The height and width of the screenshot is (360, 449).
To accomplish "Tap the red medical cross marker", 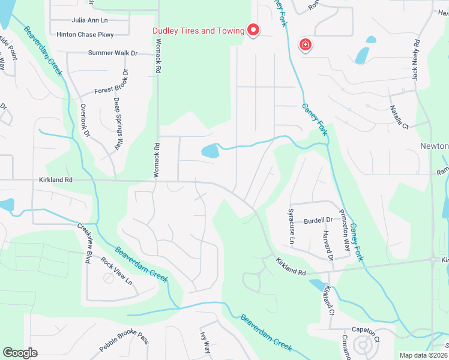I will [x=306, y=44].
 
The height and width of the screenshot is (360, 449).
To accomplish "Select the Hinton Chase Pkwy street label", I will [x=84, y=35].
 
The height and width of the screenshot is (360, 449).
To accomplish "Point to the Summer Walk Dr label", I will [x=113, y=53].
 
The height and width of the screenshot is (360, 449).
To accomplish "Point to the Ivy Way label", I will [x=205, y=344].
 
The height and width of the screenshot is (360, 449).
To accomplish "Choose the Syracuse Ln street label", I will [x=291, y=230].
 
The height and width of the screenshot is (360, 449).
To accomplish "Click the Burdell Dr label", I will [x=318, y=220].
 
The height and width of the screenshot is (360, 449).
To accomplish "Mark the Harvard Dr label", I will [x=328, y=245].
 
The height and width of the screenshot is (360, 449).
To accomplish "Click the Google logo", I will [x=20, y=353].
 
